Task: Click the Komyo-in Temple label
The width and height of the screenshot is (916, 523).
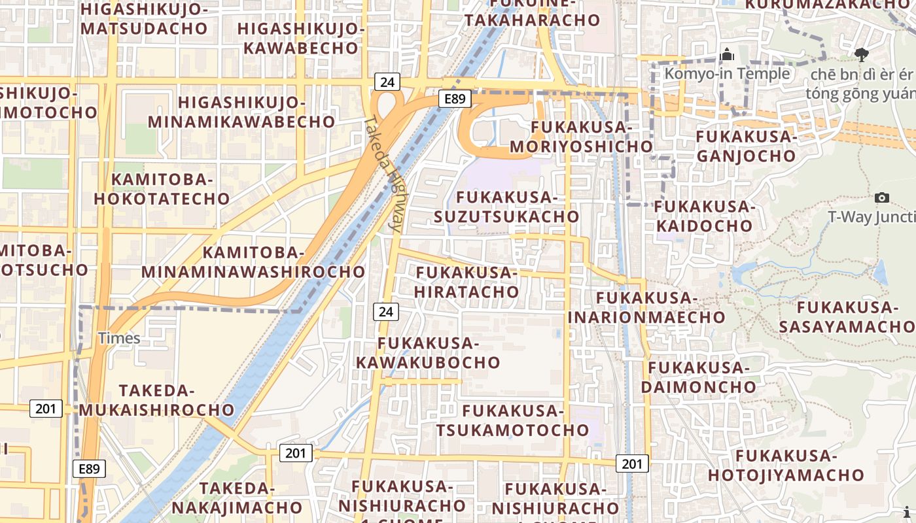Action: (727, 73)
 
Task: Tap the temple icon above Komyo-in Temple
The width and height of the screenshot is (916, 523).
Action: (726, 55)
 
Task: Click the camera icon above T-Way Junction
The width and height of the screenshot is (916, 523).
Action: (881, 197)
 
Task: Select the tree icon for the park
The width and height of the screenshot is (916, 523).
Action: (862, 54)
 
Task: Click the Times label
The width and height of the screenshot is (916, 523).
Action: (119, 338)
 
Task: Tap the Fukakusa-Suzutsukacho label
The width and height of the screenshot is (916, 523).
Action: (506, 207)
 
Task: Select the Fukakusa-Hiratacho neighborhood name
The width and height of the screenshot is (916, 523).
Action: (467, 282)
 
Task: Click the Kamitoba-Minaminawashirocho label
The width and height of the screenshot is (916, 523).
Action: (253, 261)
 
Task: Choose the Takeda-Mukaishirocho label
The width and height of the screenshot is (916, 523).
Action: (157, 400)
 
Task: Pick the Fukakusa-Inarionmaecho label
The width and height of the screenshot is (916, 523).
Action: (646, 308)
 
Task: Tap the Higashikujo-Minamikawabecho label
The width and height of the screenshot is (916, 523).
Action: (241, 112)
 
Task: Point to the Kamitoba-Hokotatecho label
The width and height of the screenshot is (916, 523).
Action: (162, 189)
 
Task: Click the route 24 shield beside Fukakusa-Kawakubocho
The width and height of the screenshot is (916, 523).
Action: (386, 312)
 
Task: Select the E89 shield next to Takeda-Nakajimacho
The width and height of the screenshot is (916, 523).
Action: (89, 469)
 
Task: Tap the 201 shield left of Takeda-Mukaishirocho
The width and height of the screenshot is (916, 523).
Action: (46, 409)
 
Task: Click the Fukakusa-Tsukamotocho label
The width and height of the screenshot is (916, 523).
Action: (513, 420)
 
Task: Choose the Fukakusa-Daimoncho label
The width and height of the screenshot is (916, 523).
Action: (698, 377)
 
